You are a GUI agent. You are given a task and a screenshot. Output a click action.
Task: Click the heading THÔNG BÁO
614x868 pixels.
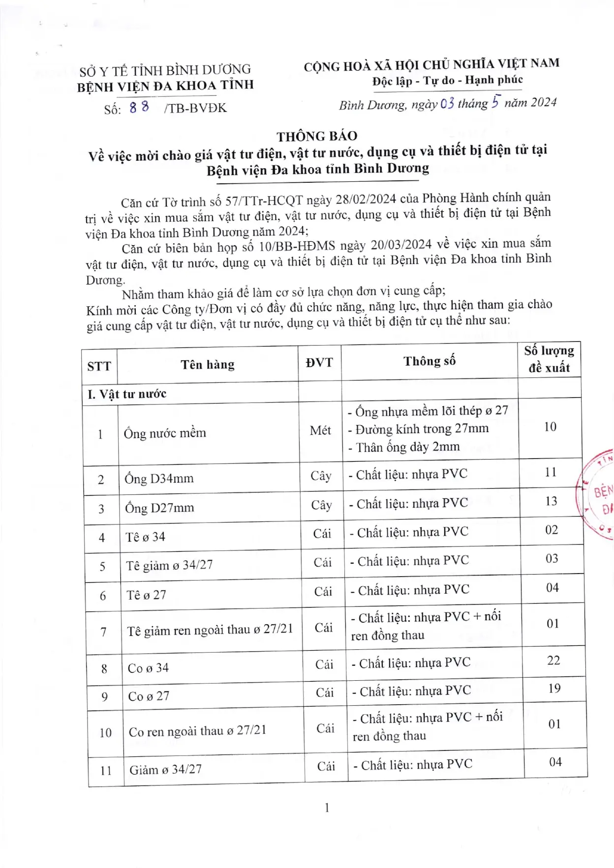tap(317, 136)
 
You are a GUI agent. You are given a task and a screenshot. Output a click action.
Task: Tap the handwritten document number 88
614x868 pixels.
tap(139, 107)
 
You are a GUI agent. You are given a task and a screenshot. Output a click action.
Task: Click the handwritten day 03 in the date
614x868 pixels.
tap(447, 103)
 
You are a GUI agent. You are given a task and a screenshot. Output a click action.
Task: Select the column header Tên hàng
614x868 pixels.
tap(207, 365)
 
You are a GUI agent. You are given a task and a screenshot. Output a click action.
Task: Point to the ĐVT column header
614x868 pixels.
tap(319, 363)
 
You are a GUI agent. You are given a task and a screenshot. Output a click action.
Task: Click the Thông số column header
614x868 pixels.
tap(430, 361)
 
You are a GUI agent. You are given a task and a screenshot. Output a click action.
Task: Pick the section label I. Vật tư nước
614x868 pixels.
tap(127, 394)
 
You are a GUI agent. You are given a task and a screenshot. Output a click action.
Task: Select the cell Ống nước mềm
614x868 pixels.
tap(165, 433)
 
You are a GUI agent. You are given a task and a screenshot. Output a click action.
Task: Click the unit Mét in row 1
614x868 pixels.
tap(320, 431)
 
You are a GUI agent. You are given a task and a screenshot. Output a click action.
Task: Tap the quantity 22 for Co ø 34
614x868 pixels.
tap(553, 660)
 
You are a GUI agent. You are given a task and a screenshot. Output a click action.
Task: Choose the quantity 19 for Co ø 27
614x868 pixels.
tap(554, 688)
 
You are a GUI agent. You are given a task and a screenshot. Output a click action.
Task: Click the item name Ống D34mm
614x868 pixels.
tap(159, 478)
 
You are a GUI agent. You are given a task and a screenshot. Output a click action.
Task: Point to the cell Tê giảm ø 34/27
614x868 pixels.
tap(169, 565)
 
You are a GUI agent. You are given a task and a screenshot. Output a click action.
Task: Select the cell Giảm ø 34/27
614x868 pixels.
tap(165, 769)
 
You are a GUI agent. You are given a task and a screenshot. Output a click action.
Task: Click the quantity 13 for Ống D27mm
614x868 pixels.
tap(551, 501)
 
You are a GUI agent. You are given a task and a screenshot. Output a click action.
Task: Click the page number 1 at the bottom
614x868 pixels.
tap(327, 808)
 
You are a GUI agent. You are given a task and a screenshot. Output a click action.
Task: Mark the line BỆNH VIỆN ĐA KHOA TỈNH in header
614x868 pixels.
tap(165, 86)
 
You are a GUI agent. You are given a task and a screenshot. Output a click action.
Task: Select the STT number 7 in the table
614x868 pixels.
tap(103, 632)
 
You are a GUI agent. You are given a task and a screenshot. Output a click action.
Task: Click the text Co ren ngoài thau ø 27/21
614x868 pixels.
tap(197, 731)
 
